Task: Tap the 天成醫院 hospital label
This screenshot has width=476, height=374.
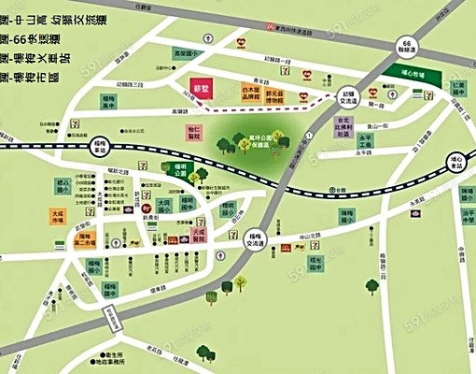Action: click(197, 234)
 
